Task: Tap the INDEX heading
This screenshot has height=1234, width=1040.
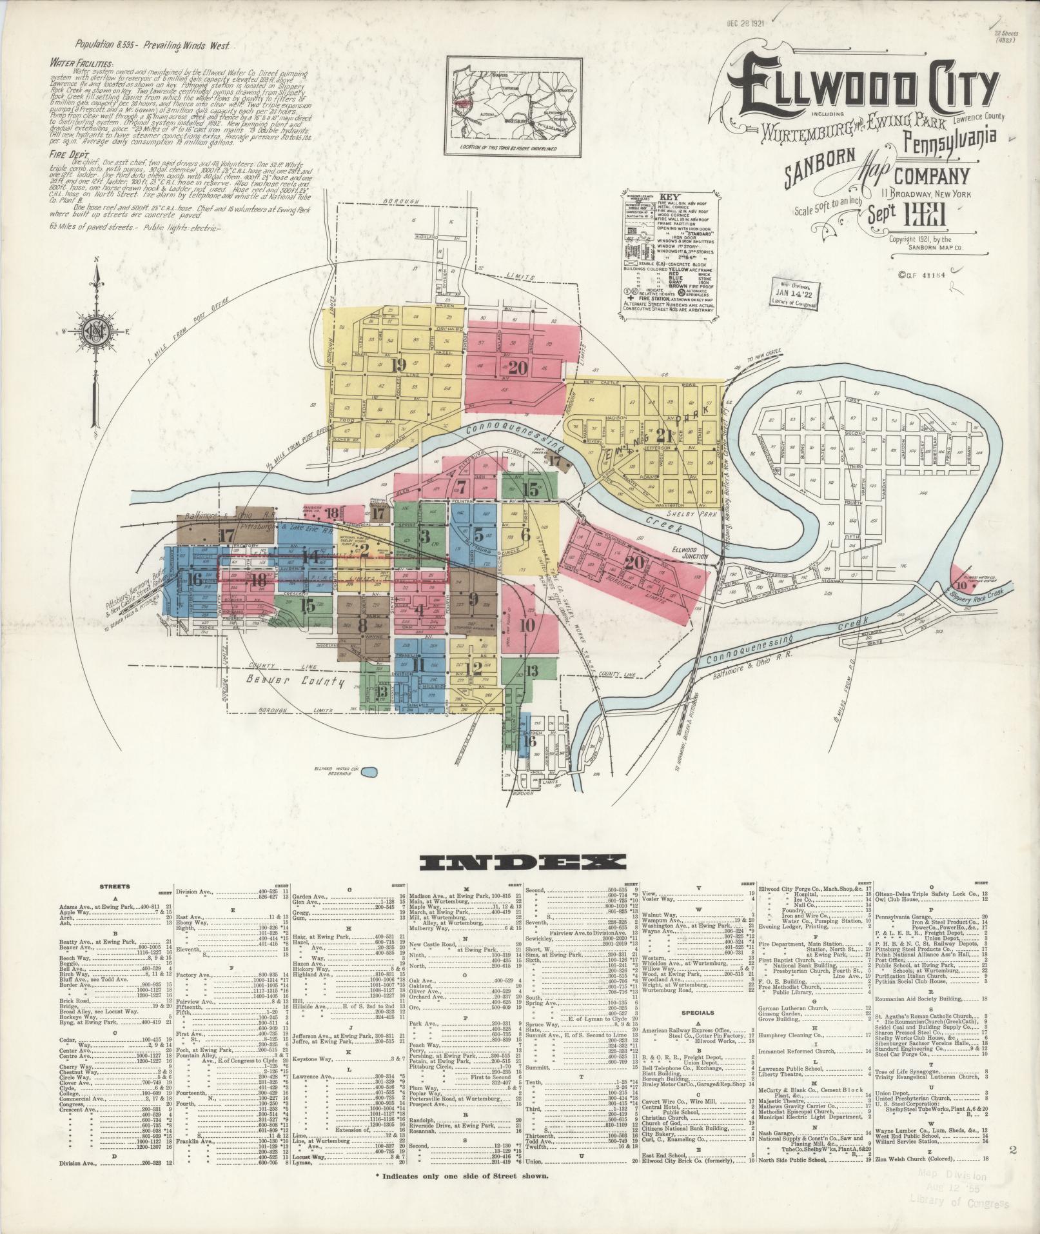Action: (x=522, y=862)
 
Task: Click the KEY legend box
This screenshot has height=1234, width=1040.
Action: (x=671, y=252)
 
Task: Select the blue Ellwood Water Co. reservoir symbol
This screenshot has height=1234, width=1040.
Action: (x=369, y=771)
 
